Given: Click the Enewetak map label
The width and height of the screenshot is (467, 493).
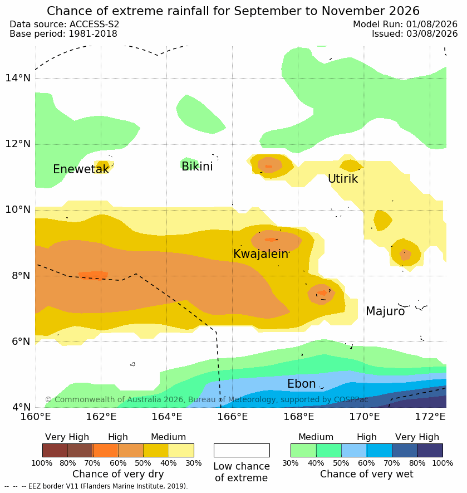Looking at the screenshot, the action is tap(81, 169).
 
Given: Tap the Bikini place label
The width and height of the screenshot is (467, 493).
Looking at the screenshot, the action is tap(197, 167).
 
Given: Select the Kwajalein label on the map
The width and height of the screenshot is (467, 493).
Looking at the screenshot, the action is tap(260, 253).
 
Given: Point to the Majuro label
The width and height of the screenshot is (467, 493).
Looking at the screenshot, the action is tap(385, 311).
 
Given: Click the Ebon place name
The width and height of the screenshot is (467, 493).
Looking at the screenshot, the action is tap(301, 384).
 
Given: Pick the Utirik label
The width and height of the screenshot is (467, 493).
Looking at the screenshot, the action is tap(343, 179).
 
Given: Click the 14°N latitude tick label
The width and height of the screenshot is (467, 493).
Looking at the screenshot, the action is tap(18, 77).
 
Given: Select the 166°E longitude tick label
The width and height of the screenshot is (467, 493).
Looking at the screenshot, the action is tap(233, 417).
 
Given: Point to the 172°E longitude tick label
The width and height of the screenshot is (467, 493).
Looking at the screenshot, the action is tap(430, 417).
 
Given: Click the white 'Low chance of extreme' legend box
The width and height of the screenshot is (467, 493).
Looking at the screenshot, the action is tap(242, 450).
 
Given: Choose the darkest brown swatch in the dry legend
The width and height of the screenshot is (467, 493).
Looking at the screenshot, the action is tap(55, 450).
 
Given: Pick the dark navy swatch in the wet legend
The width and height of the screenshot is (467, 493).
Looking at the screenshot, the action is tap(430, 450).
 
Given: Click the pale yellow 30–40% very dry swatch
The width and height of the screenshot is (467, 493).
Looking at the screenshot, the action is tap(181, 450).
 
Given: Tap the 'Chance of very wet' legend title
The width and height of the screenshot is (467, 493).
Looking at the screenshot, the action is tap(367, 474).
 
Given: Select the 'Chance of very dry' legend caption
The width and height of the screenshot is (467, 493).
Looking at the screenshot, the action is tap(118, 474).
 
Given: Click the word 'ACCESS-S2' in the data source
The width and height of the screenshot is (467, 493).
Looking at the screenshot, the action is tap(94, 24).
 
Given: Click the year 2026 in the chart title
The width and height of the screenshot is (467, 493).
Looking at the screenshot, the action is tap(404, 11).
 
